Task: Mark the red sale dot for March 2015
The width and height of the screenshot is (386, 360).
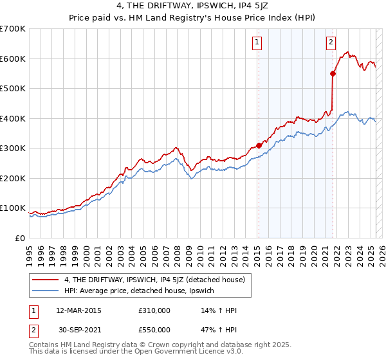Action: [x=259, y=145]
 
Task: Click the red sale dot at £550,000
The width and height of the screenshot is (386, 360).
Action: [x=333, y=73]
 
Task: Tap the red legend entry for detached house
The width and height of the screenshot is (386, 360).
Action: [x=154, y=280]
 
